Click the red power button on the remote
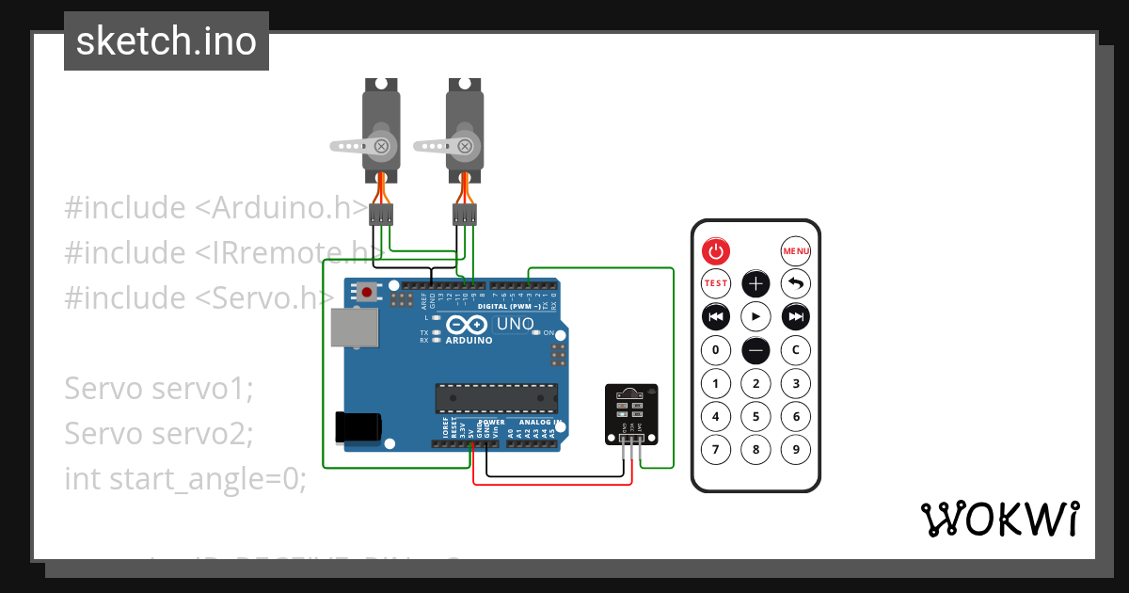pyautogui.click(x=716, y=251)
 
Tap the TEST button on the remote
pyautogui.click(x=716, y=283)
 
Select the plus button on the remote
pyautogui.click(x=755, y=283)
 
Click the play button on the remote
pyautogui.click(x=755, y=316)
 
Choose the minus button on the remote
pyautogui.click(x=755, y=350)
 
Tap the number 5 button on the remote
pyautogui.click(x=755, y=416)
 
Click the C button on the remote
pyautogui.click(x=796, y=350)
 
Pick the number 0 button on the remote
pyautogui.click(x=716, y=350)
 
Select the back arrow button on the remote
pyautogui.click(x=796, y=283)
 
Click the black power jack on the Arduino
pyautogui.click(x=359, y=427)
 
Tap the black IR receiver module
pyautogui.click(x=630, y=412)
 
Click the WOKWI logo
pyautogui.click(x=999, y=520)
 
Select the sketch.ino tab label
pyautogui.click(x=167, y=41)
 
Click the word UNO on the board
pyautogui.click(x=515, y=325)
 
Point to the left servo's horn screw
pyautogui.click(x=381, y=146)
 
